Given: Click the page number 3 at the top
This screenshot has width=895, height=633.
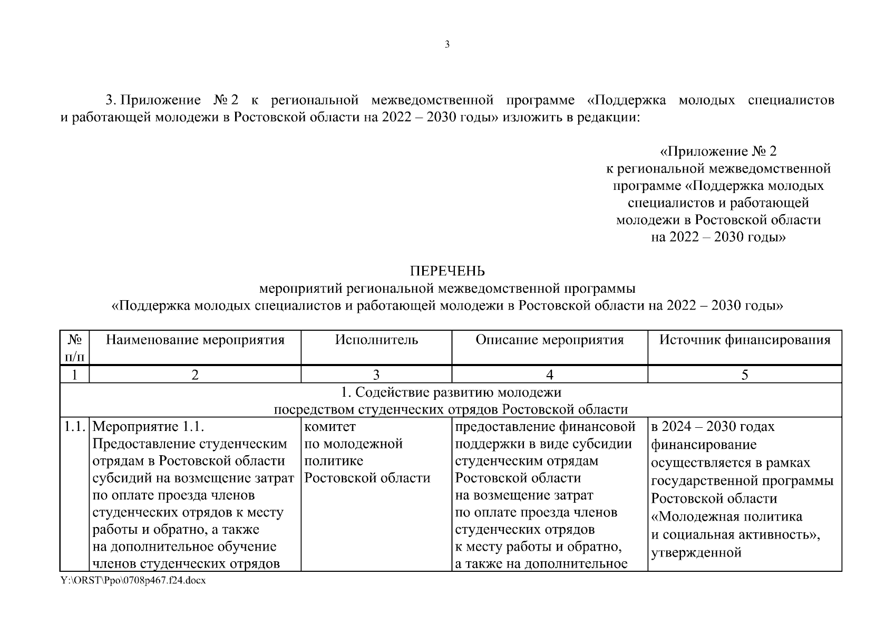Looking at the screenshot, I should coord(447,45).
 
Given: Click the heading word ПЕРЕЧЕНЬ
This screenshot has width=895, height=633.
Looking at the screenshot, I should coord(447,271).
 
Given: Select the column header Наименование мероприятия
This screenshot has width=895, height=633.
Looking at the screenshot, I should coord(195,340).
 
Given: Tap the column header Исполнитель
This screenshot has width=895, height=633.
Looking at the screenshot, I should coord(376,340).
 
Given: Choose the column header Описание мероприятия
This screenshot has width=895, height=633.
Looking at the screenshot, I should coord(549,340).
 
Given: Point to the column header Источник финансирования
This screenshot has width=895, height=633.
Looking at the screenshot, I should coord(744,340).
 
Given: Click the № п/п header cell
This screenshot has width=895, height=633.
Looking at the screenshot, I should coord(74,348).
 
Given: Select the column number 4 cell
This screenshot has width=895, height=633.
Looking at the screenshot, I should coord(549,375).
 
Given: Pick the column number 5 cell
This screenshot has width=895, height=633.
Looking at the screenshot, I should coord(744,375).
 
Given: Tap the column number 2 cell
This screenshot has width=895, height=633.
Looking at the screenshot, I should coord(195,375).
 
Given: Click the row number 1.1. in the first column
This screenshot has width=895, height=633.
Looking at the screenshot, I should coord(75,427).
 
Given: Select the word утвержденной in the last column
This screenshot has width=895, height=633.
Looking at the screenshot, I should coord(696,553).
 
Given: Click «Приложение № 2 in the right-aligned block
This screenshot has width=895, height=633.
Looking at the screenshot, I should coord(718,152).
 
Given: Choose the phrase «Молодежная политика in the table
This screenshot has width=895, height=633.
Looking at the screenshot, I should coord(726,517).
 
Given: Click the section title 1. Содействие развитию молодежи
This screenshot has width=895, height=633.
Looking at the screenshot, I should coord(451,392).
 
